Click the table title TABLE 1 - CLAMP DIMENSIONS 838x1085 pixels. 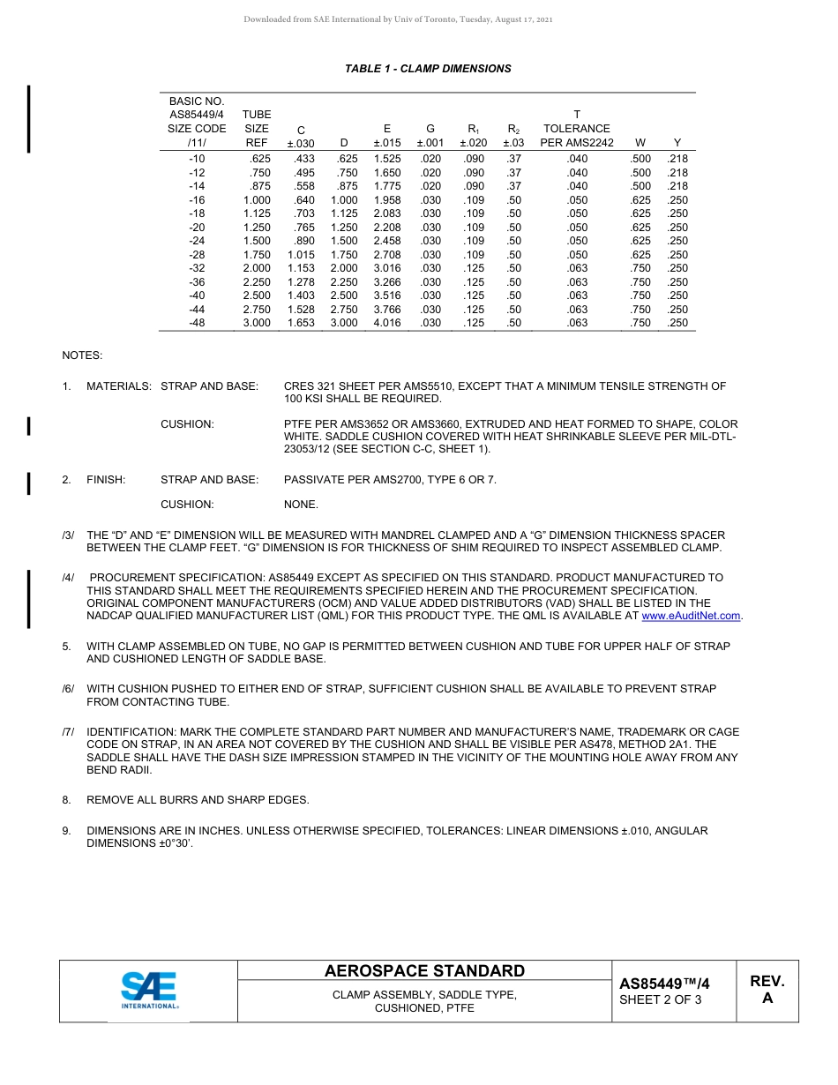tap(428, 69)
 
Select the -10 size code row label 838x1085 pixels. tap(197, 159)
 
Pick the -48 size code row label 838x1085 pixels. tap(197, 323)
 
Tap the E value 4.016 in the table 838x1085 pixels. tap(387, 323)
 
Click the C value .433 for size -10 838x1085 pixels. tap(302, 159)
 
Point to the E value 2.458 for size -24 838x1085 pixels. tap(387, 241)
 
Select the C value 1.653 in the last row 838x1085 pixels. tap(301, 323)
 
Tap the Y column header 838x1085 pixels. tap(677, 142)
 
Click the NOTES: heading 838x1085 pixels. tap(82, 355)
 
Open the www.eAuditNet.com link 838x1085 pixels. tap(692, 616)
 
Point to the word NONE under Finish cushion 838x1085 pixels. tap(301, 505)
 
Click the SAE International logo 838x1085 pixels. tap(149, 991)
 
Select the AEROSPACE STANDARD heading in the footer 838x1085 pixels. tap(424, 971)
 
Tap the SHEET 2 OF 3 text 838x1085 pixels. tap(661, 999)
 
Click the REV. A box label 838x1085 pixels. tap(767, 990)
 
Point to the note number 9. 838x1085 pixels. tap(66, 831)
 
